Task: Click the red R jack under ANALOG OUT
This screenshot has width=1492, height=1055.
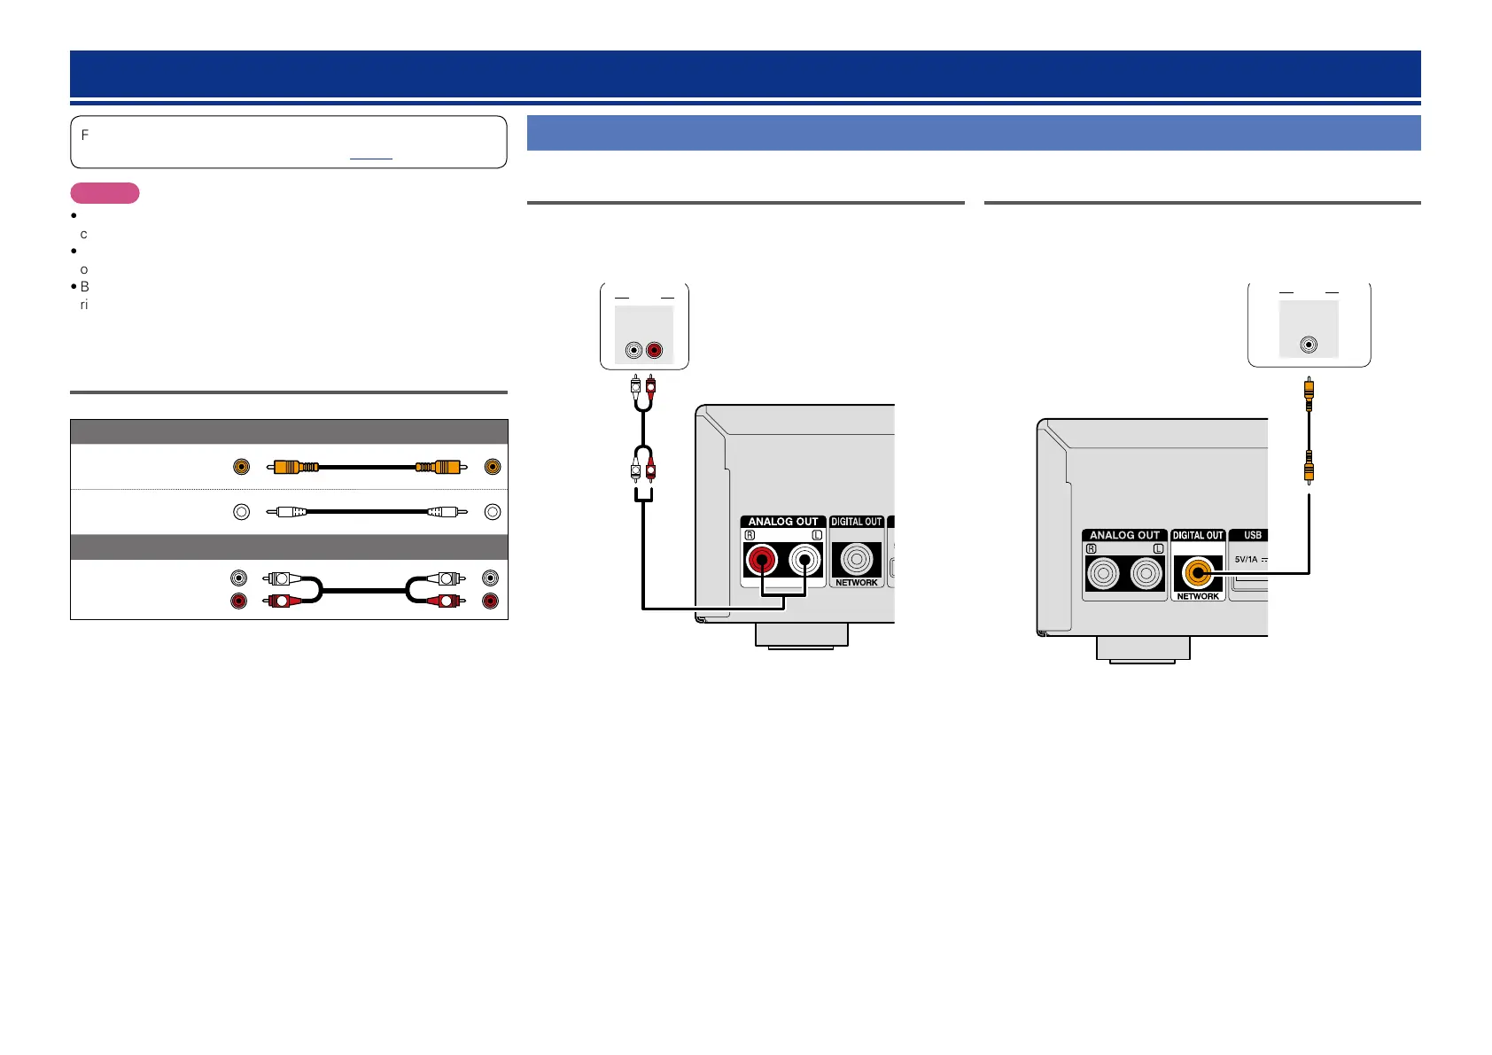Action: [x=761, y=560]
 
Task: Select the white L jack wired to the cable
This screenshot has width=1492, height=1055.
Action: [x=804, y=560]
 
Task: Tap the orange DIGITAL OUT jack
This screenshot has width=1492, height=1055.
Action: [x=1198, y=573]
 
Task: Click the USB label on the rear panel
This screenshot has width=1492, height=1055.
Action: [x=1252, y=535]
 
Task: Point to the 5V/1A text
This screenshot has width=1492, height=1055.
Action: [x=1247, y=560]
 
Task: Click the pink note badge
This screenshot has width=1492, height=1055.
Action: [x=105, y=193]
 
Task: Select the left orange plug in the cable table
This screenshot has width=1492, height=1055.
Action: [x=296, y=467]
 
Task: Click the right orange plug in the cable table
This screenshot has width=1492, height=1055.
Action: [x=439, y=467]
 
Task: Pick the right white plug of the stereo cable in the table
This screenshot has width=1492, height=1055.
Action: [x=446, y=578]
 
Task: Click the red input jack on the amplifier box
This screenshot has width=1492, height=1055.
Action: [x=655, y=351]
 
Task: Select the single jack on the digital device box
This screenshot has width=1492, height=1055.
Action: [x=1309, y=345]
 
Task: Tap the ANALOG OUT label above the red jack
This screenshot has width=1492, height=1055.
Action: [x=783, y=522]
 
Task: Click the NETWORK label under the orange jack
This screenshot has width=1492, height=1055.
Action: [x=1198, y=596]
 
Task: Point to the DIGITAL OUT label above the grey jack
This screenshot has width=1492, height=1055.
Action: [x=856, y=522]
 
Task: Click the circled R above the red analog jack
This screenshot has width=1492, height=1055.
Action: [x=750, y=535]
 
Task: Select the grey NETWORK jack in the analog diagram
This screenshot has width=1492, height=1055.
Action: [x=856, y=560]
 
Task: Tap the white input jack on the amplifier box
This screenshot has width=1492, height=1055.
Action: [x=633, y=351]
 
